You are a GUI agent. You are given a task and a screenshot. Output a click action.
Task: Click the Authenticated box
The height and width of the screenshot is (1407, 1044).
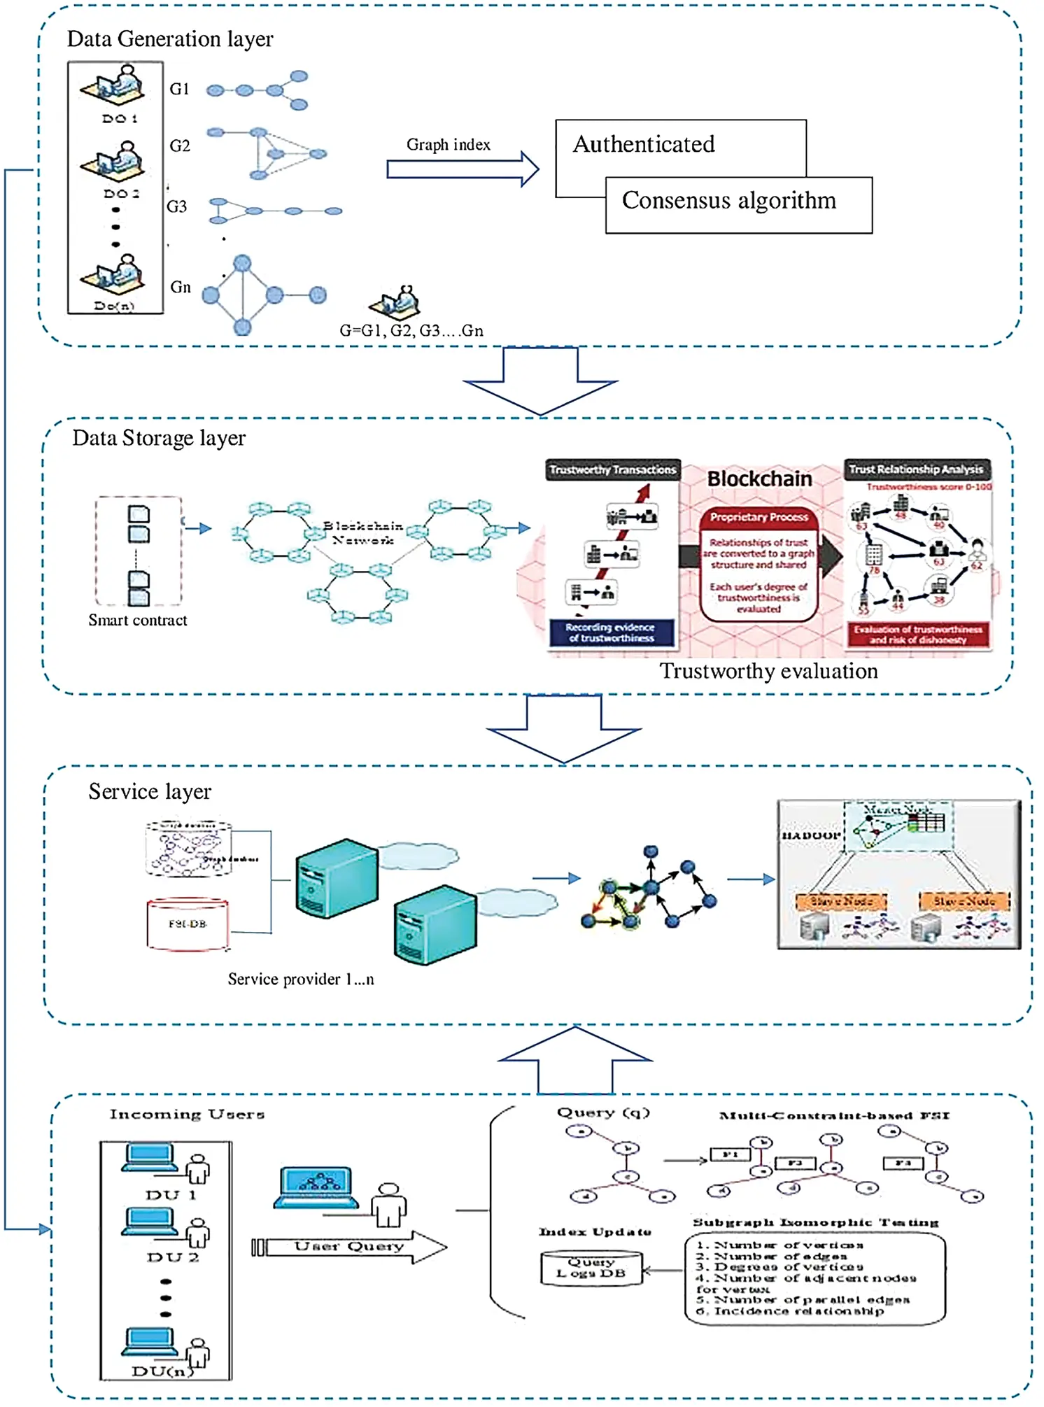click(644, 145)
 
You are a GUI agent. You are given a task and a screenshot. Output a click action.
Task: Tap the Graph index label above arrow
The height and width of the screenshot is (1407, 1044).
click(448, 145)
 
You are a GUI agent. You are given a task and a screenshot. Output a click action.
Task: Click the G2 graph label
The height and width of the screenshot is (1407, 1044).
click(180, 146)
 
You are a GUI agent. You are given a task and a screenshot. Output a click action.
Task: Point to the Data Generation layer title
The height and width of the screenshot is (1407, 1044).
click(170, 39)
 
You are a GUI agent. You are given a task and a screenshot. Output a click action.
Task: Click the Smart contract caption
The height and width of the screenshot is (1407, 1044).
click(138, 620)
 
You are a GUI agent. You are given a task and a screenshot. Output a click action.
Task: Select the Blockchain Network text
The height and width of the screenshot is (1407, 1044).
click(363, 532)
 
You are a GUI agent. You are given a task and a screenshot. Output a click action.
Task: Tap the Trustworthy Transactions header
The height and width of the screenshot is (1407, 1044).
click(612, 469)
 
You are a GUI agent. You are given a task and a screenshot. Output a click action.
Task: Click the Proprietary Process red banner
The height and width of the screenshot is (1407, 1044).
click(759, 517)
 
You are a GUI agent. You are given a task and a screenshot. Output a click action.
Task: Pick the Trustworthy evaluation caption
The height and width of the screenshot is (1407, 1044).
click(768, 671)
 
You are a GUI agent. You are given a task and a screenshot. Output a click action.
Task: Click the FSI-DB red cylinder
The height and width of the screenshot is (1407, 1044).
click(188, 924)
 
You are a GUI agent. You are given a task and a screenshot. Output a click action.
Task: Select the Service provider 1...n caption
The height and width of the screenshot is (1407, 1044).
click(301, 979)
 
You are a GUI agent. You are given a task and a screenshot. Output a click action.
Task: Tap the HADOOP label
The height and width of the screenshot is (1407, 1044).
click(810, 835)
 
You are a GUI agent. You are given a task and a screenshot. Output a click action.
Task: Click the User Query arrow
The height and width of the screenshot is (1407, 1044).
click(350, 1246)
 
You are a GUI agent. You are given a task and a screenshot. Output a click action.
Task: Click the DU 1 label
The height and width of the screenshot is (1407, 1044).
click(171, 1195)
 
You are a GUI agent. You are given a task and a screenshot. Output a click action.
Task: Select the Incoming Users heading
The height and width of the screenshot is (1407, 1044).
click(187, 1115)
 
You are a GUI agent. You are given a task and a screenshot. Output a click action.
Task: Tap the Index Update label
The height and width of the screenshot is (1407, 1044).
click(595, 1232)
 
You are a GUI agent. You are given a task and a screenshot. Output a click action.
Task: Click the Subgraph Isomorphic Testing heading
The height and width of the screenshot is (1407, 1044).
click(815, 1222)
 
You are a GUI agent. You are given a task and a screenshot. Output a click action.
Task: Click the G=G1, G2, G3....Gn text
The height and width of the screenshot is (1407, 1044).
click(411, 330)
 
